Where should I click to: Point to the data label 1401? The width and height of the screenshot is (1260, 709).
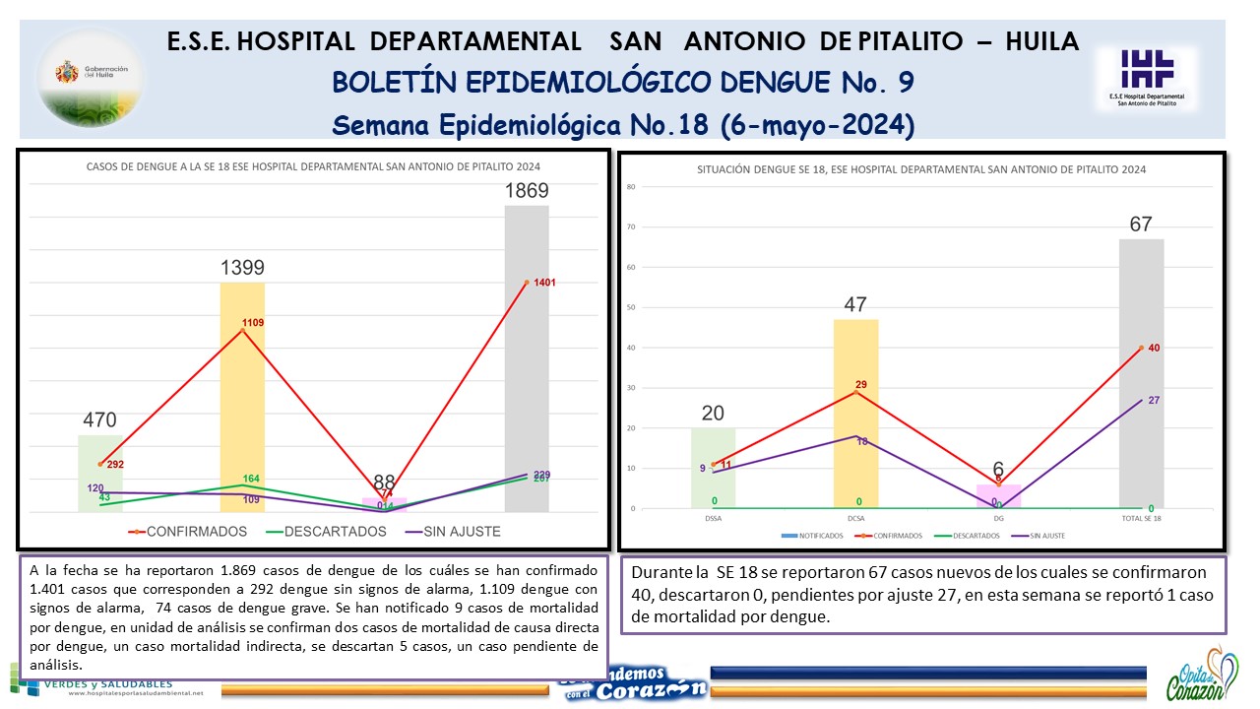pos(544,283)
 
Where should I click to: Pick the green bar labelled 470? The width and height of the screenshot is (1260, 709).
pos(99,473)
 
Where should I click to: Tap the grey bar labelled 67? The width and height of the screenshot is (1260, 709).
pos(1141,373)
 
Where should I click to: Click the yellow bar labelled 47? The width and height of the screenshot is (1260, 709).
pos(855,414)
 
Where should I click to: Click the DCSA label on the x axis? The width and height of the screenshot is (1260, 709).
pos(855,518)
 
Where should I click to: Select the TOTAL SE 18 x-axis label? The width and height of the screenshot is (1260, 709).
pos(1141,518)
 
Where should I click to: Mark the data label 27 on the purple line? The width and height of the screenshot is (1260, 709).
pos(1155,400)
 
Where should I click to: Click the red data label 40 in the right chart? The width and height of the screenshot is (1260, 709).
pos(1155,348)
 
